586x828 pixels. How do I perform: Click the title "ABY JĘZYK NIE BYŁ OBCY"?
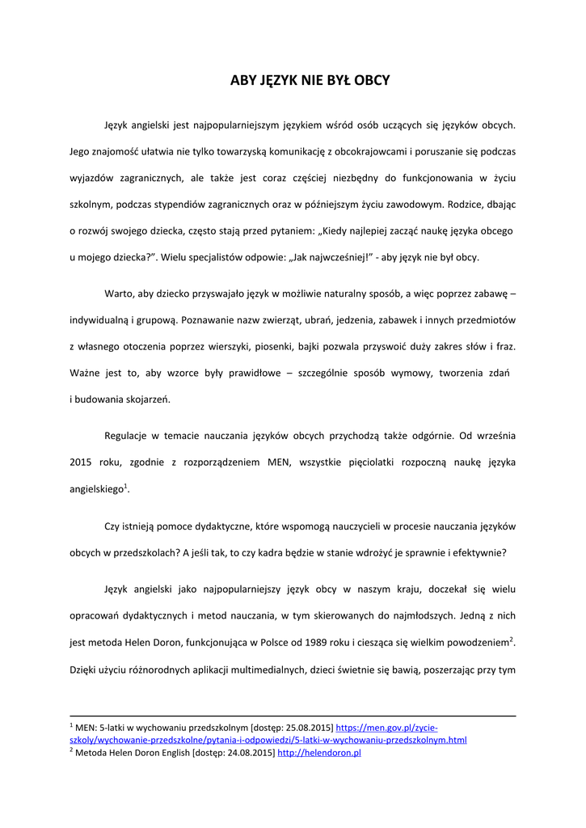coord(310,80)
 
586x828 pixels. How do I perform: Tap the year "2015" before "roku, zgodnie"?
coord(80,462)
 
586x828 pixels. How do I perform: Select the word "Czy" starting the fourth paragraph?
coord(112,526)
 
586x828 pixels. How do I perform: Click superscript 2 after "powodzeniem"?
coord(512,640)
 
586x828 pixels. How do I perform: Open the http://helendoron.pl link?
coord(318,753)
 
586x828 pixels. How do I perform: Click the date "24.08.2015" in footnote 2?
coord(248,753)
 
